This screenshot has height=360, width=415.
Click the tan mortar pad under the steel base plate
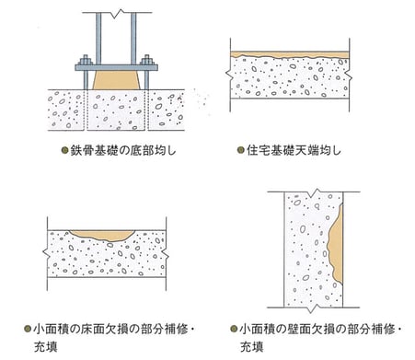(116, 80)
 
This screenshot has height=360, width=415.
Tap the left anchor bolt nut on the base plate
(86, 60)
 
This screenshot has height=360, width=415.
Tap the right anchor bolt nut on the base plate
(146, 60)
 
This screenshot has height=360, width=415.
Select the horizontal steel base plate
(116, 67)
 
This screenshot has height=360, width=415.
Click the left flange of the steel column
(98, 39)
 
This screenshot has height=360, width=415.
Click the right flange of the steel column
(133, 39)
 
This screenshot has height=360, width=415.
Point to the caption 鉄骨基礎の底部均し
(123, 150)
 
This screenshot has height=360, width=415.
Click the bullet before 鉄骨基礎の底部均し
(65, 150)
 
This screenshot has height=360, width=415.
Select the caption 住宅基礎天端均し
(294, 150)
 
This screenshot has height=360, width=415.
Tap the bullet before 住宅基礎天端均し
(241, 150)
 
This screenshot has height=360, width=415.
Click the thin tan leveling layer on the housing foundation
(290, 54)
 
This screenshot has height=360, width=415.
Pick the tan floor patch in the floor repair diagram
(103, 235)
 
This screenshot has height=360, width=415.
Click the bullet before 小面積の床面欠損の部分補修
(28, 329)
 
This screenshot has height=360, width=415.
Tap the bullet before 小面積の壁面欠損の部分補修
(234, 329)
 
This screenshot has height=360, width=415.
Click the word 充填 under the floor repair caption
(46, 347)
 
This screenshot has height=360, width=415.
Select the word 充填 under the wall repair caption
(252, 347)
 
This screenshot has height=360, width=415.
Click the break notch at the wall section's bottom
(312, 309)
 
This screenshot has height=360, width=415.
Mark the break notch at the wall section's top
(314, 193)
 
